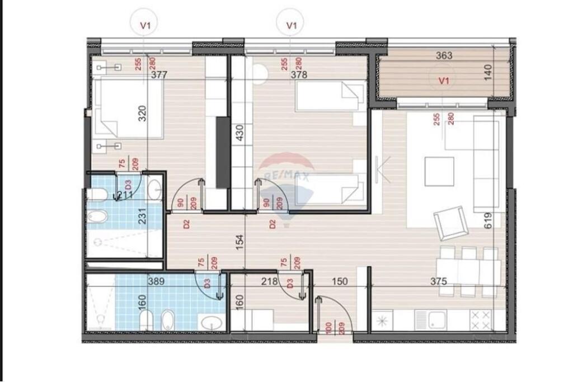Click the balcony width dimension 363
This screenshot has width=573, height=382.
[x=443, y=55]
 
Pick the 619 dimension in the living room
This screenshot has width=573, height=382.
[x=488, y=220]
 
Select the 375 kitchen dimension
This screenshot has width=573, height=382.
[x=439, y=281]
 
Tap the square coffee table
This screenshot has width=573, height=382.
[x=439, y=171]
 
